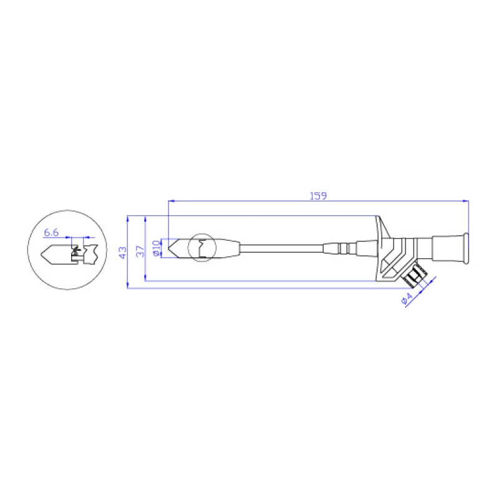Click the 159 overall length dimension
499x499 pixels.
[318, 195]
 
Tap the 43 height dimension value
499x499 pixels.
[123, 252]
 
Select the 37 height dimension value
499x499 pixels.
[140, 251]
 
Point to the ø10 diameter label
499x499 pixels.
[157, 248]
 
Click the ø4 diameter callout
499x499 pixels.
[407, 299]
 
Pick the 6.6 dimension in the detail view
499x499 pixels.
[51, 233]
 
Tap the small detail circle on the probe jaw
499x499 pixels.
[202, 248]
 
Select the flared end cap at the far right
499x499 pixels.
[463, 248]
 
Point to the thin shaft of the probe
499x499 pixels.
[281, 248]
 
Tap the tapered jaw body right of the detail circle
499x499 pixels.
[228, 248]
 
